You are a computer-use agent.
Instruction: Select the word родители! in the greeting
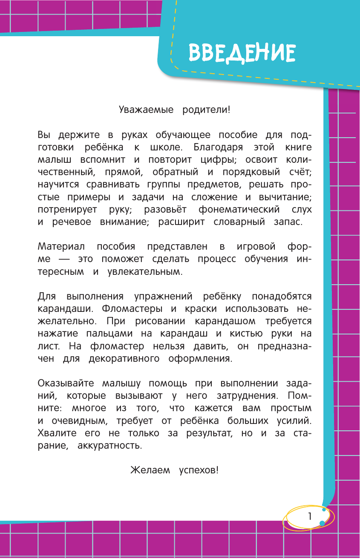tap(207, 110)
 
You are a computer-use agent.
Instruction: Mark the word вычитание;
tap(280, 197)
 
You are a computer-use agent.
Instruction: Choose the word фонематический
tap(239, 209)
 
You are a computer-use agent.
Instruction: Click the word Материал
tap(61, 247)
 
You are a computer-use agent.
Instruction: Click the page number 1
tap(310, 516)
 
